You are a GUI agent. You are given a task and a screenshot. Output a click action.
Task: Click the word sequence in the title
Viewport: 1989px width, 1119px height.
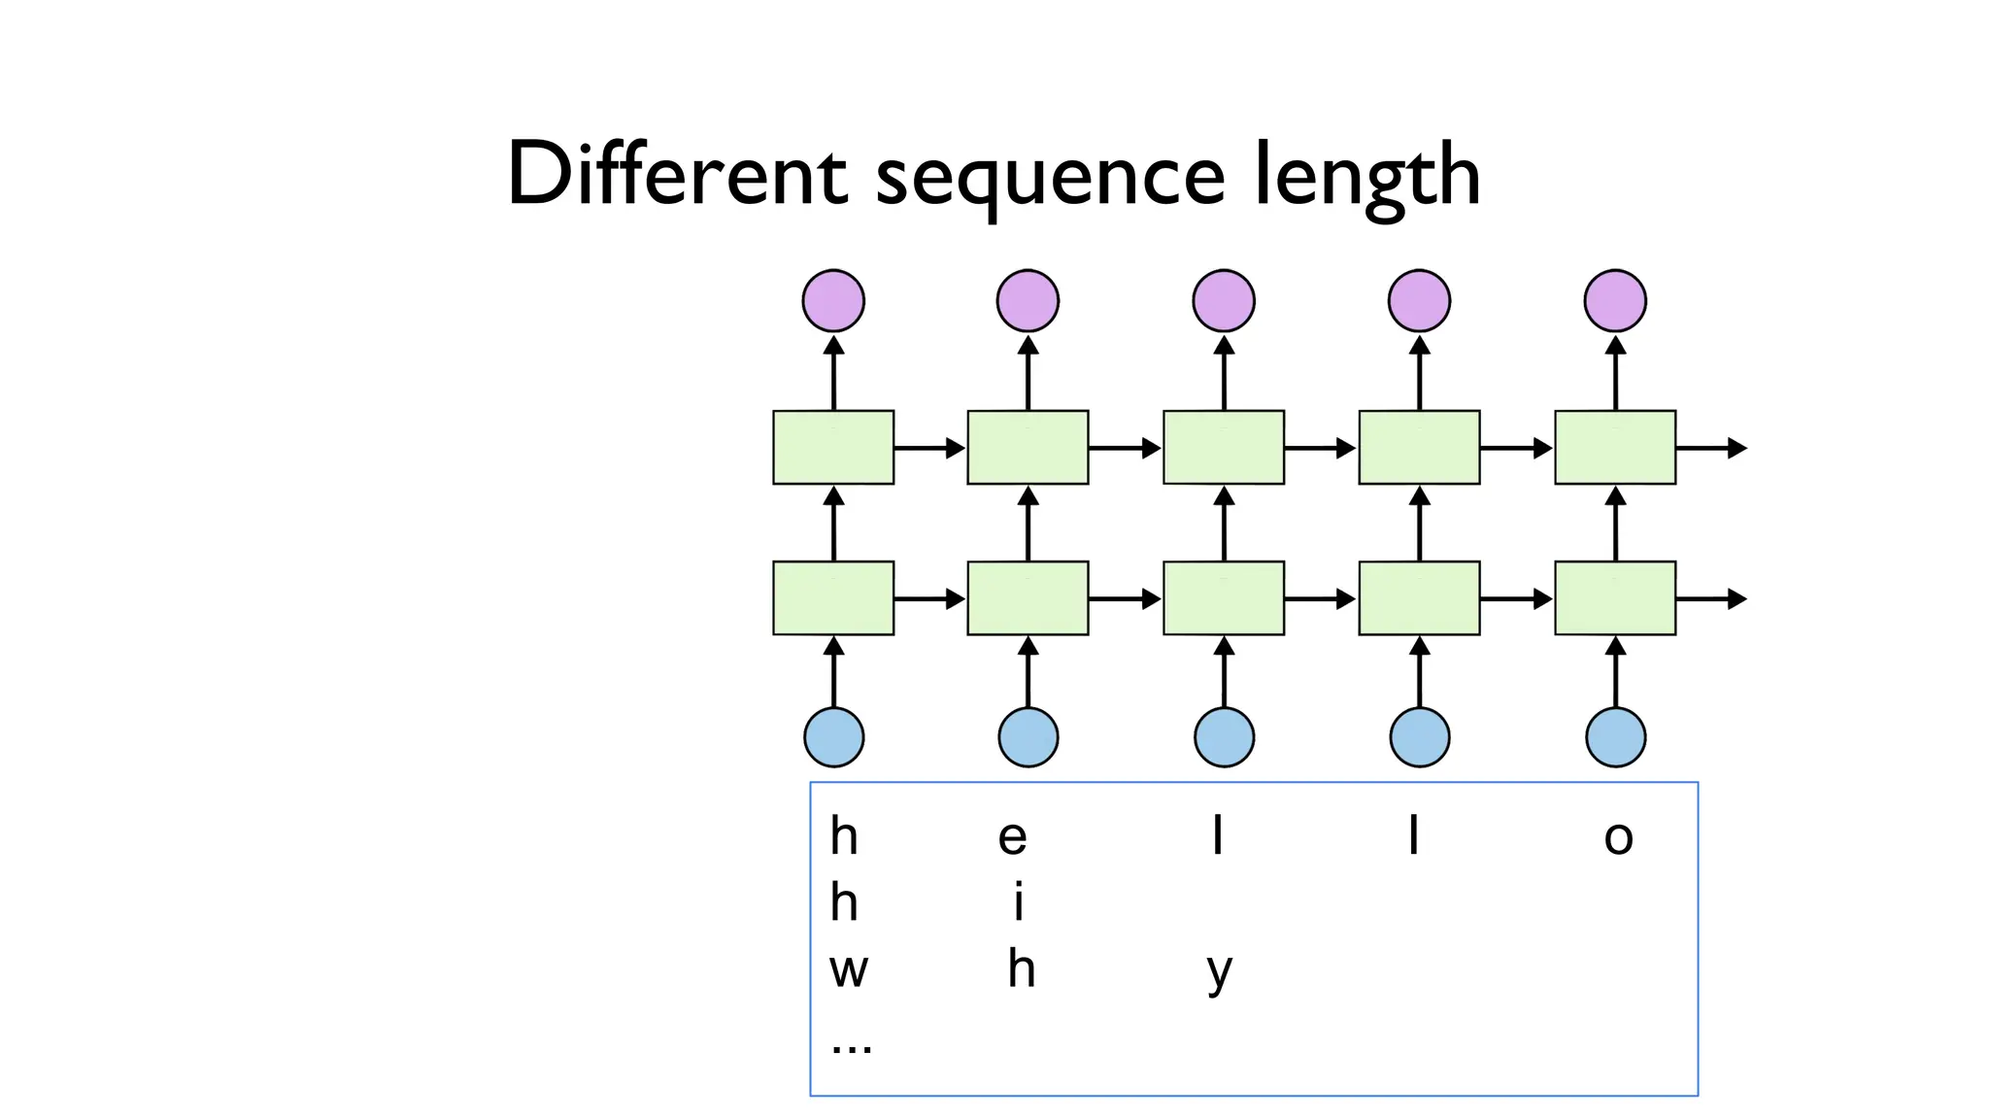click(1050, 180)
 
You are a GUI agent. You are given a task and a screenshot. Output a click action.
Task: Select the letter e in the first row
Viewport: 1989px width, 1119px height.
click(1012, 837)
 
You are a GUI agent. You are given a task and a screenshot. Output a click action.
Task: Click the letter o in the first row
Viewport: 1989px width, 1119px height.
click(1618, 837)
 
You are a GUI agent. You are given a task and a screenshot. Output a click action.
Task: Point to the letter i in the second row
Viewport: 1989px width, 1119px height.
click(1018, 902)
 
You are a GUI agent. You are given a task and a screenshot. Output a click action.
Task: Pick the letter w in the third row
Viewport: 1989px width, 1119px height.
click(848, 969)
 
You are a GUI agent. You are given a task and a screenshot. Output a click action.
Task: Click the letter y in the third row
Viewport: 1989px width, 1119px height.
click(1220, 971)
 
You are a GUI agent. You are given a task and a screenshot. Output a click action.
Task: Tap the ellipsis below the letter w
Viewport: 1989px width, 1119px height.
click(852, 1047)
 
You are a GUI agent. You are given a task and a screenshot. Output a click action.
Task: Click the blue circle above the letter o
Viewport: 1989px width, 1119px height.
click(1615, 737)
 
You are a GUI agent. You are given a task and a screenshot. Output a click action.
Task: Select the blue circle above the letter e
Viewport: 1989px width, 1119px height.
click(1028, 737)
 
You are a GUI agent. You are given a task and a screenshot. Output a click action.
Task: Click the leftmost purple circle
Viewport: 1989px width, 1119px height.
click(833, 301)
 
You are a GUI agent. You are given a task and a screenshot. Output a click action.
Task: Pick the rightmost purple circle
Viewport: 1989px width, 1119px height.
click(1615, 301)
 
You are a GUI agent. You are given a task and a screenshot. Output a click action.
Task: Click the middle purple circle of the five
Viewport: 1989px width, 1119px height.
click(1224, 301)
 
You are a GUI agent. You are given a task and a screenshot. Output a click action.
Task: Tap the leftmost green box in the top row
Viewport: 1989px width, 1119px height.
click(833, 447)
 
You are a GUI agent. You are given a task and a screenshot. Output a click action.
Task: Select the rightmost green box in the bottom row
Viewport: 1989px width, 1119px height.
click(1615, 598)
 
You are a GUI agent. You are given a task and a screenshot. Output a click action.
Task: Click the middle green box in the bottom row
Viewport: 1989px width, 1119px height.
click(1224, 598)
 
